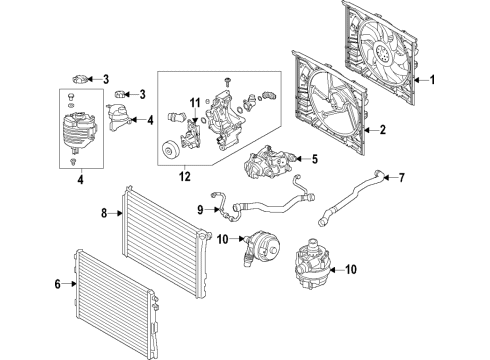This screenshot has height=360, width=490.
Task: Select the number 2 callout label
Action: (x=384, y=130)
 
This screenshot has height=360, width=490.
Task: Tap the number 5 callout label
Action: (x=313, y=158)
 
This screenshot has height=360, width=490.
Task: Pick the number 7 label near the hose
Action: (x=402, y=179)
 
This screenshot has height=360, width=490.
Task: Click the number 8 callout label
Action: (x=103, y=212)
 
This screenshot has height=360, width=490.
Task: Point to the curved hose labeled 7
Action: (x=346, y=195)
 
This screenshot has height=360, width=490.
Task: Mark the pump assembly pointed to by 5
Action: (x=268, y=161)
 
